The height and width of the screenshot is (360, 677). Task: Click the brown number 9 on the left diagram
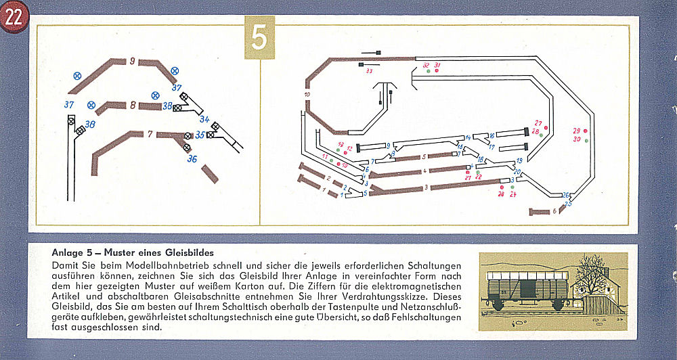click(132, 61)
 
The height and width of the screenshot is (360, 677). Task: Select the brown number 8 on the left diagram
click(133, 105)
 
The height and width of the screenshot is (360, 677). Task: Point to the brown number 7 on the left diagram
click(150, 134)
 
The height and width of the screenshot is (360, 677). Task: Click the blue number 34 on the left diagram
click(204, 119)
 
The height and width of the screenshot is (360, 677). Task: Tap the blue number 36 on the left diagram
click(192, 160)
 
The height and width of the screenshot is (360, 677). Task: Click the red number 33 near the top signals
click(369, 70)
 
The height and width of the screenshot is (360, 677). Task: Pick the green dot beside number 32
click(428, 71)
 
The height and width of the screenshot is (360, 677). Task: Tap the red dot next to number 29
click(586, 131)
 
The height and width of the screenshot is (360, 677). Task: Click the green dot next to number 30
click(586, 140)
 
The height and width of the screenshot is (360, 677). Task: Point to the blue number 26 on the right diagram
click(566, 195)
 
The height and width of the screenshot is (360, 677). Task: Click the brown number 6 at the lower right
click(554, 210)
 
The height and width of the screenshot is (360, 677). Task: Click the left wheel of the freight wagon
click(502, 307)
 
